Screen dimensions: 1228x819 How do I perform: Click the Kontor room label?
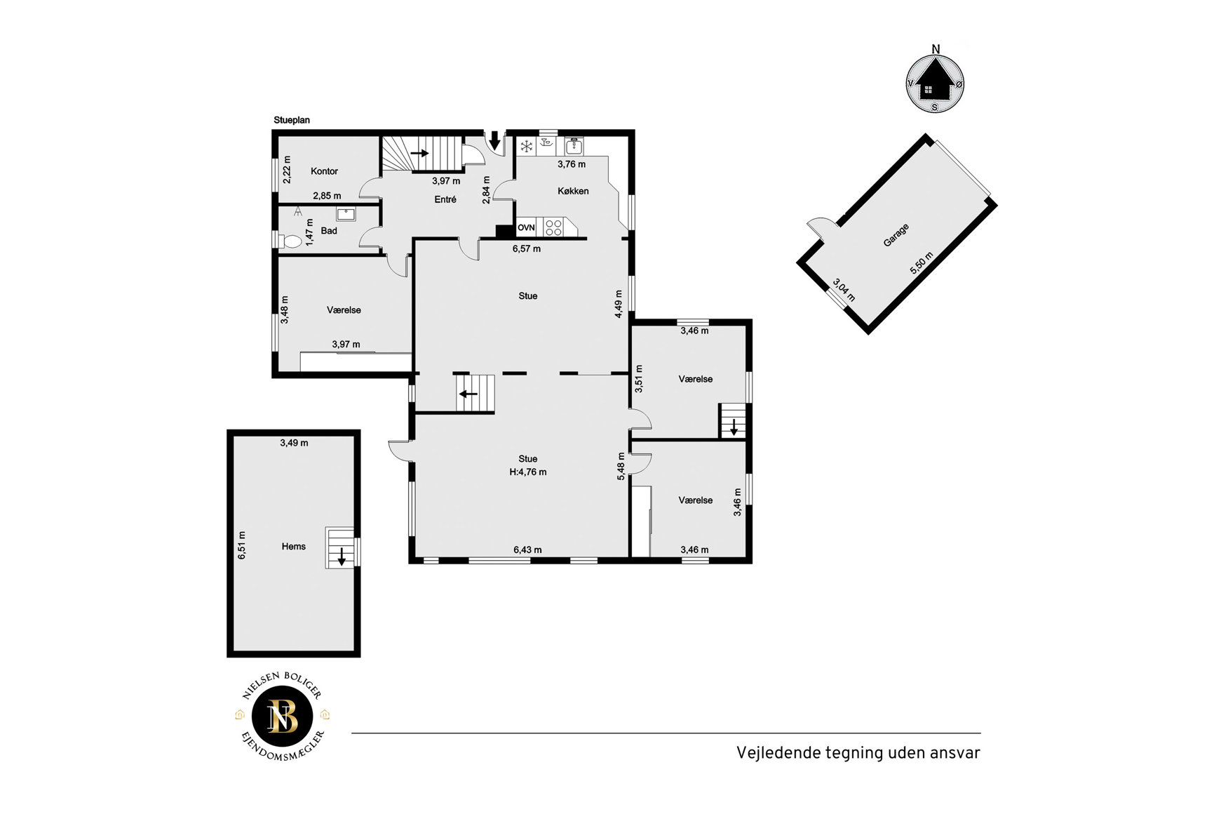pos(324,171)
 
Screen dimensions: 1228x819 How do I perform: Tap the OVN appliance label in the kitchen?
pos(526,227)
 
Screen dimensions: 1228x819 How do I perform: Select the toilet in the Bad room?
pos(290,241)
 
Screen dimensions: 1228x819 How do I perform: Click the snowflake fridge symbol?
pos(525,146)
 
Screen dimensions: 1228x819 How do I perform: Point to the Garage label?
pos(896,235)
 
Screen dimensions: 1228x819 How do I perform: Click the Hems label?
pos(294,547)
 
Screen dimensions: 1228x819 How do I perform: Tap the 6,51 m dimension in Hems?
pos(242,545)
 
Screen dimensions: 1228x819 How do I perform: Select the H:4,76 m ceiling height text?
pos(528,472)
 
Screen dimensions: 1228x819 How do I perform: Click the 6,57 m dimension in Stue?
pos(527,248)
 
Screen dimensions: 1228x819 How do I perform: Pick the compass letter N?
pos(936,48)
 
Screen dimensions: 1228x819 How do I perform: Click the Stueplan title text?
pos(292,120)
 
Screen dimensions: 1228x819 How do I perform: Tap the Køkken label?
pos(573,191)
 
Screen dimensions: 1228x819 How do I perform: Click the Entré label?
pos(445,199)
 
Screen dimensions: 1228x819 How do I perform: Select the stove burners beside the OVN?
pos(553,227)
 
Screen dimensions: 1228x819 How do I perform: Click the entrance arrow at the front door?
pos(494,140)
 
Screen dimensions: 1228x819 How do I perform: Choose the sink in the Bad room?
pos(346,213)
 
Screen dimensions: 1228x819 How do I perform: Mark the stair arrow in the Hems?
pos(342,557)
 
